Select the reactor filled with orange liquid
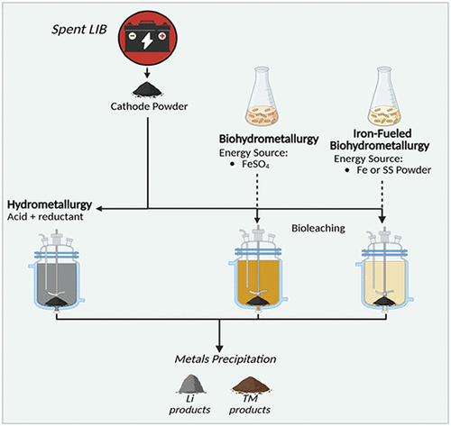(x=259, y=275)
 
